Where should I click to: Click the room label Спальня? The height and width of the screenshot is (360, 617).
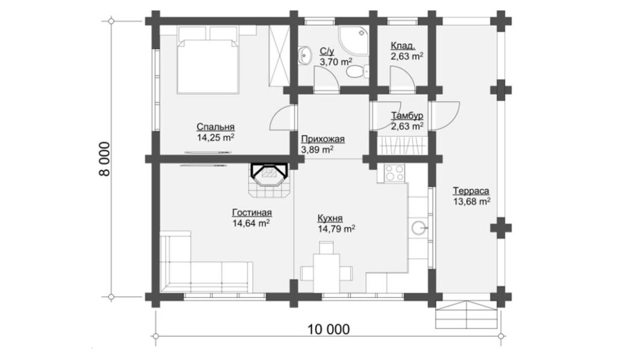point(216,127)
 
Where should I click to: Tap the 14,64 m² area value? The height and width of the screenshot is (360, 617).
point(251,223)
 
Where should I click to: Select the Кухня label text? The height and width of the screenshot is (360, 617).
point(330,218)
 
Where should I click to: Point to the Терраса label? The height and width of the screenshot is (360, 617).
point(471,191)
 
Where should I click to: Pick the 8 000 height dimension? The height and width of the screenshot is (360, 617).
point(105,159)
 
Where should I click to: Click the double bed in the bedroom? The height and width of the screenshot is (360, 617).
point(208,60)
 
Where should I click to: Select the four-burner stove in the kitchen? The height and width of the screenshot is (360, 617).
point(394,173)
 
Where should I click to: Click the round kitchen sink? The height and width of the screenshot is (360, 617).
point(419,227)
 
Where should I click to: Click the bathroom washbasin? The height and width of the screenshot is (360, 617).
point(304,54)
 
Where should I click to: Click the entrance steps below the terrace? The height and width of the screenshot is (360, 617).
point(466,315)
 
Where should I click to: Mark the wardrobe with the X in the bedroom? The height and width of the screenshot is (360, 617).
point(280,56)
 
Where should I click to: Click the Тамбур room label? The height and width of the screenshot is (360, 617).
point(407,115)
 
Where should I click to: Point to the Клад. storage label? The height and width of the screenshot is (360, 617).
point(403,45)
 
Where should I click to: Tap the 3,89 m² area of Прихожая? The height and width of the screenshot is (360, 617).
point(317,150)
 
